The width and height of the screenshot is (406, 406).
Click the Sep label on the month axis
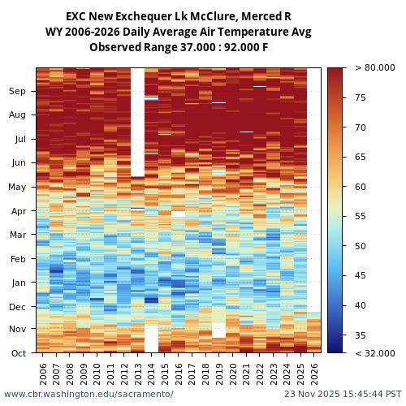click(x=18, y=92)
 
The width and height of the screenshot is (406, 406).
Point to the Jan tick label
click(x=18, y=283)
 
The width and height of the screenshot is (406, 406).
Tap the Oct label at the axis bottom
click(x=18, y=353)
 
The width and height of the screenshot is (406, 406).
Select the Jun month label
click(x=18, y=162)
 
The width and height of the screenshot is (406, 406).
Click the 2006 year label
click(x=43, y=373)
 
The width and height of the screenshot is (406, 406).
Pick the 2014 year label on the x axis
click(x=151, y=373)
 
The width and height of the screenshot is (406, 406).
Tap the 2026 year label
click(x=313, y=373)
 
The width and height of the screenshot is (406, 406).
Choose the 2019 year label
click(x=218, y=373)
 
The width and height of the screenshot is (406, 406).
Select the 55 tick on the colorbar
click(x=360, y=217)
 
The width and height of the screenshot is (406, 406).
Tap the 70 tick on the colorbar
click(x=360, y=127)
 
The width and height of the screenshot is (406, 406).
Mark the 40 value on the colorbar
click(x=360, y=305)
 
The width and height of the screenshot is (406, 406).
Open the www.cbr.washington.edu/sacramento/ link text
click(x=89, y=394)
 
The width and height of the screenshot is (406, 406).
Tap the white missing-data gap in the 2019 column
click(x=218, y=330)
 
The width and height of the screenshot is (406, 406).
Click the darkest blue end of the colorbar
click(x=335, y=350)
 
